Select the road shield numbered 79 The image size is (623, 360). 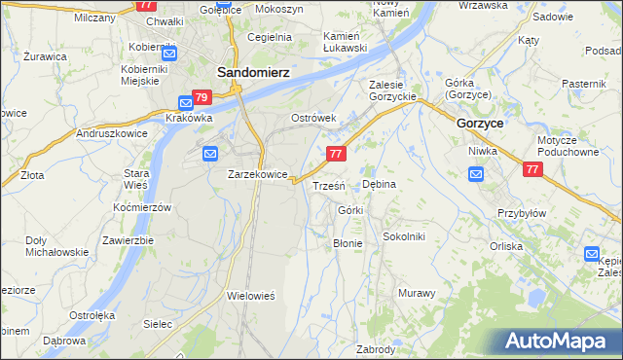[x=202, y=98]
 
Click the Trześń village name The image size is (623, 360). [x=326, y=186]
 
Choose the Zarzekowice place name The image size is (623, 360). [x=257, y=174]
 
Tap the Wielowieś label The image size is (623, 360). [x=252, y=295]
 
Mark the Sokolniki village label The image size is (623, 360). [x=404, y=236]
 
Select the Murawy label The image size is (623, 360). [x=416, y=293]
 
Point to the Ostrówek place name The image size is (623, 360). [x=313, y=119]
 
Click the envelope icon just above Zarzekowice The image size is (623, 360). [x=211, y=152]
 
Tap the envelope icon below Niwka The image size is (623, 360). [x=476, y=174]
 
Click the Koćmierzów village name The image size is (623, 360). [x=142, y=208]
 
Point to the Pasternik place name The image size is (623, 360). [x=584, y=85]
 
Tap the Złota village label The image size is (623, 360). [x=32, y=176]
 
